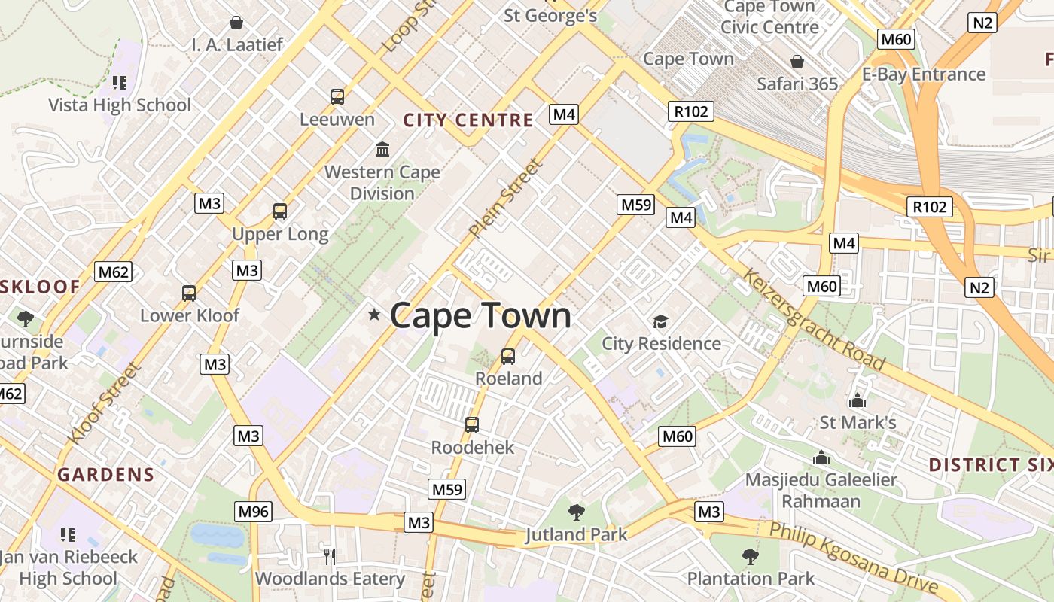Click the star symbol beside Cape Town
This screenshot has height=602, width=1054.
[374, 315]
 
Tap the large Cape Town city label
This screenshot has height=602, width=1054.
[480, 315]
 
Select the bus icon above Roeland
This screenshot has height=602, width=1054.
[508, 356]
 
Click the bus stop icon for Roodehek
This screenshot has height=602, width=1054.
[472, 425]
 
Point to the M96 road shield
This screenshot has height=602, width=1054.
[253, 512]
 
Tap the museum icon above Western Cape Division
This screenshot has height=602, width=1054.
[382, 149]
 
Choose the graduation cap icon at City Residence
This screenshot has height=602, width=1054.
[660, 322]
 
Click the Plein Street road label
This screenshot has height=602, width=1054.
[504, 198]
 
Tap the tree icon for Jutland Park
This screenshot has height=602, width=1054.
[576, 512]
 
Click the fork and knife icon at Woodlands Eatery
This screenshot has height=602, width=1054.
[329, 556]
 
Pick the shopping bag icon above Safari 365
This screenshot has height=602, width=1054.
[797, 62]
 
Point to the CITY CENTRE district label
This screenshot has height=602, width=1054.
[468, 120]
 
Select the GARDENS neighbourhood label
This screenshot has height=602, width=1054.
[105, 475]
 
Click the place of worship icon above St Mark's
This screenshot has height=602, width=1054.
[857, 400]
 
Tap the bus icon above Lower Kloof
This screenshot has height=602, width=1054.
[189, 293]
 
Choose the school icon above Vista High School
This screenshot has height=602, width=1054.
[119, 82]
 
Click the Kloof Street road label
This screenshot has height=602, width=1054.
[104, 403]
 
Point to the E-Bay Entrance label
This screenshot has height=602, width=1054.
[924, 74]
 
